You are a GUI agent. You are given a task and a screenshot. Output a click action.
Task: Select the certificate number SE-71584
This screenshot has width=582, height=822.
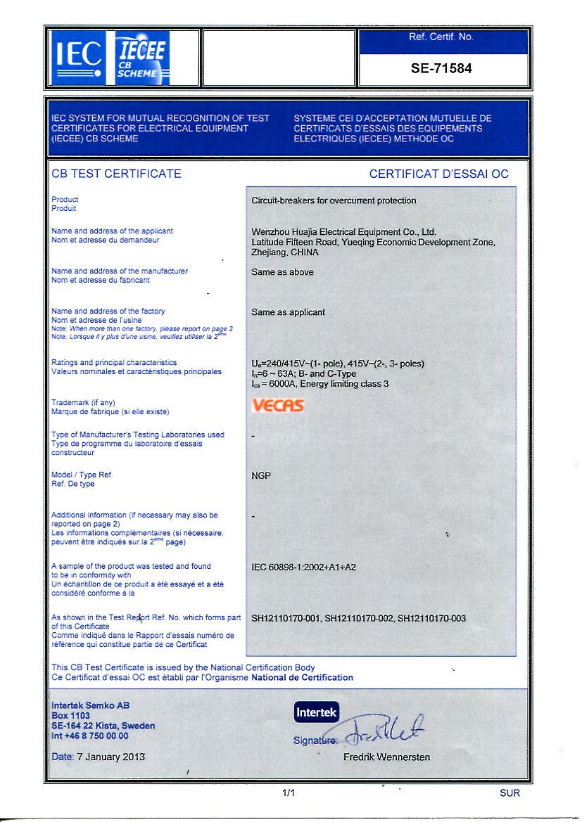pyautogui.click(x=441, y=69)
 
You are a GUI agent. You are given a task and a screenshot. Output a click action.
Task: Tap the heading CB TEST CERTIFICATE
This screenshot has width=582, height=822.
pyautogui.click(x=116, y=174)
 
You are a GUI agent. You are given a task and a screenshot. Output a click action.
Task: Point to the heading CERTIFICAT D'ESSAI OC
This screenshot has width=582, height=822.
pyautogui.click(x=438, y=174)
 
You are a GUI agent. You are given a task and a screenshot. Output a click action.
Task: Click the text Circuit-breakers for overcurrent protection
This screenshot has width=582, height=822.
pyautogui.click(x=334, y=200)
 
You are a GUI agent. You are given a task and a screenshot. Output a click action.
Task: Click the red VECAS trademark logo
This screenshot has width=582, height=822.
pyautogui.click(x=278, y=406)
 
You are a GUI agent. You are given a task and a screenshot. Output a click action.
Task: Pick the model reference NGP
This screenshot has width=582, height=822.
pyautogui.click(x=261, y=476)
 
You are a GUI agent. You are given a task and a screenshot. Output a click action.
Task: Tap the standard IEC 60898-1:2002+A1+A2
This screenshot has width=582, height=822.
pyautogui.click(x=304, y=567)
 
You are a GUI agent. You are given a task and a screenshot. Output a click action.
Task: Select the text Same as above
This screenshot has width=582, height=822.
pyautogui.click(x=282, y=272)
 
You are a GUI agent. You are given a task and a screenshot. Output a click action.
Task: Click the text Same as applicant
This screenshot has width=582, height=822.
pyautogui.click(x=288, y=312)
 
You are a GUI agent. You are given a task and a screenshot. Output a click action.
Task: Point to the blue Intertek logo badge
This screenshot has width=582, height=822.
pyautogui.click(x=317, y=712)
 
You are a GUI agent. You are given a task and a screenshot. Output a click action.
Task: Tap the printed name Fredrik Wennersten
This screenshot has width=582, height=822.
pyautogui.click(x=386, y=757)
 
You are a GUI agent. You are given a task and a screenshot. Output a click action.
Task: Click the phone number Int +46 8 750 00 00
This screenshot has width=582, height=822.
pyautogui.click(x=90, y=736)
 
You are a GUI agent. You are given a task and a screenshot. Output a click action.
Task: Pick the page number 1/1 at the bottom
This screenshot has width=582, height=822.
pyautogui.click(x=288, y=793)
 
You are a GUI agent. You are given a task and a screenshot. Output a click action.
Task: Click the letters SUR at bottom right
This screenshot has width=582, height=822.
pyautogui.click(x=510, y=793)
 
